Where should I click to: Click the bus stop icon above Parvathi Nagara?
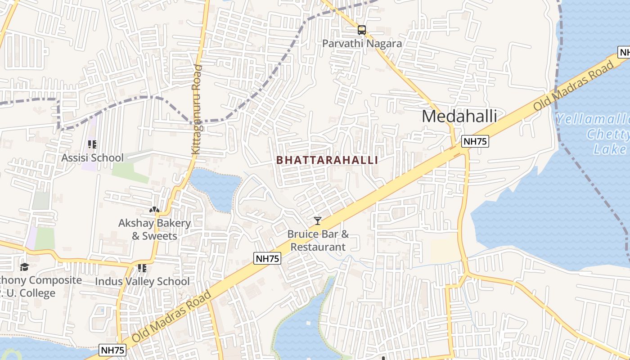pyautogui.click(x=361, y=30)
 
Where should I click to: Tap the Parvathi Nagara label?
pyautogui.click(x=362, y=44)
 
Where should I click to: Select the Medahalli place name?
pyautogui.click(x=459, y=116)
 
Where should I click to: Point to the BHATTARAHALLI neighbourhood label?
pyautogui.click(x=327, y=160)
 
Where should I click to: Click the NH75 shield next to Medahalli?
pyautogui.click(x=475, y=141)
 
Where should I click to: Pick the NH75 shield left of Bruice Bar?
pyautogui.click(x=267, y=258)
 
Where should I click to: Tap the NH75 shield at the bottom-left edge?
pyautogui.click(x=112, y=350)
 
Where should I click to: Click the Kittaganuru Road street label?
pyautogui.click(x=197, y=110)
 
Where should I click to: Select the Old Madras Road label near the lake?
pyautogui.click(x=573, y=85)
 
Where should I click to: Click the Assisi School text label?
pyautogui.click(x=92, y=157)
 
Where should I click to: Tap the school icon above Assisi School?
pyautogui.click(x=92, y=144)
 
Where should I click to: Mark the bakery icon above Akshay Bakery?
pyautogui.click(x=154, y=210)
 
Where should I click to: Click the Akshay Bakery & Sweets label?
pyautogui.click(x=154, y=229)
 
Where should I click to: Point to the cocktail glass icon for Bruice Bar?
pyautogui.click(x=318, y=220)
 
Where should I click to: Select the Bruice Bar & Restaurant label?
pyautogui.click(x=318, y=240)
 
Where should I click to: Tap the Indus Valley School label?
pyautogui.click(x=142, y=281)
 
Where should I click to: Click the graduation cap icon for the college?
pyautogui.click(x=24, y=267)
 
